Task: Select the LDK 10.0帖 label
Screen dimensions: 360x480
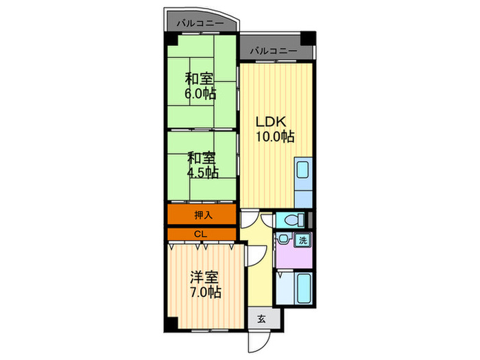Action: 274,128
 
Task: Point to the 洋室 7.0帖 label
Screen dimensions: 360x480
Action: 204,285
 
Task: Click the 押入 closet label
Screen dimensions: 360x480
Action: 204,215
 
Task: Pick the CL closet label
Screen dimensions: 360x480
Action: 200,235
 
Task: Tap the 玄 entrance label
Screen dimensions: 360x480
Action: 262,319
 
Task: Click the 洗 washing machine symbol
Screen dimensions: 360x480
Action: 302,241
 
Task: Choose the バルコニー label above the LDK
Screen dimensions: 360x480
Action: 273,51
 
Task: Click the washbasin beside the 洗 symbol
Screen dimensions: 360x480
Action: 283,239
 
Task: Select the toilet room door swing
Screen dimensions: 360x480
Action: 267,219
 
